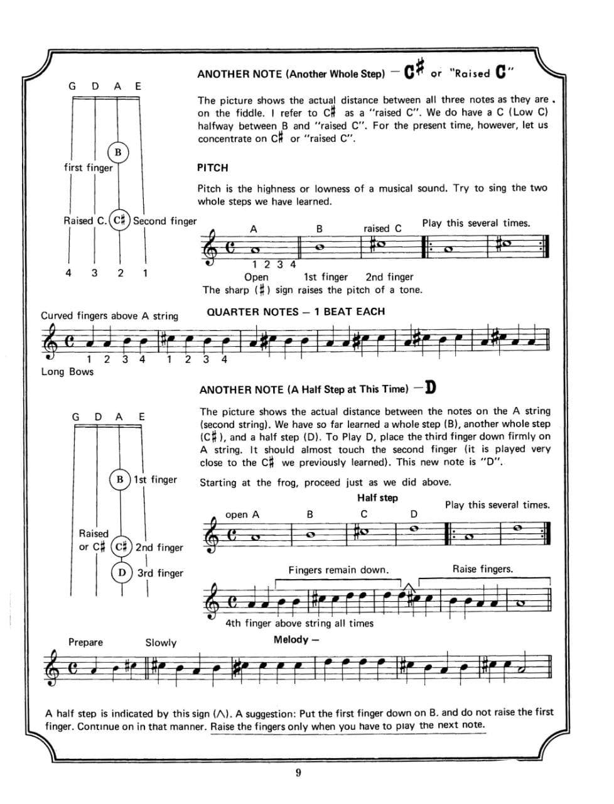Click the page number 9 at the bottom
tap(298, 773)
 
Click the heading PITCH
tap(212, 168)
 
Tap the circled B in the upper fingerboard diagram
tap(118, 153)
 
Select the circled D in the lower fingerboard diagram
tap(122, 573)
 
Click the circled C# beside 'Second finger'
tap(120, 220)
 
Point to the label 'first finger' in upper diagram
tap(89, 168)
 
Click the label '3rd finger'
tap(160, 573)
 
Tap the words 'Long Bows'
tap(67, 371)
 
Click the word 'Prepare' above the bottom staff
tap(85, 642)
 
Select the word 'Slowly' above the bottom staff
tap(161, 643)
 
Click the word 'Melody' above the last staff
tap(291, 639)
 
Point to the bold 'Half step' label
tap(377, 497)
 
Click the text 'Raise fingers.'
tap(482, 569)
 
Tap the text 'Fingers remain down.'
tap(338, 570)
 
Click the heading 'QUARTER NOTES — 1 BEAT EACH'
tap(296, 312)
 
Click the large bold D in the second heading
tap(430, 387)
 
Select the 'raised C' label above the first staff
tap(382, 228)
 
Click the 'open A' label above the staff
tap(242, 514)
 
